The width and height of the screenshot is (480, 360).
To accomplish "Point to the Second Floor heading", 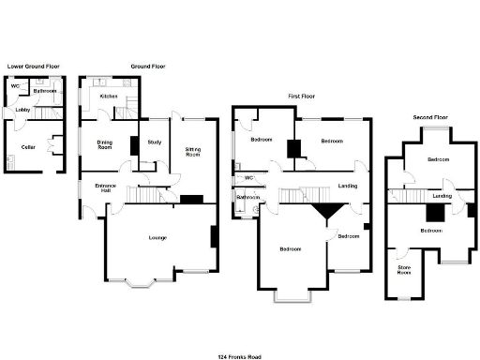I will click(x=430, y=117).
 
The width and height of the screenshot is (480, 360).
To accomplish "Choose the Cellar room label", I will click(x=29, y=146).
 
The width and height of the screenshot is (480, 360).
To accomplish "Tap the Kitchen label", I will click(x=109, y=96).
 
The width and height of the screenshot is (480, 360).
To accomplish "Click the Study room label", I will click(x=156, y=142).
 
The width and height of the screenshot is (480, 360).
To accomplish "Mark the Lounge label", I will click(x=158, y=237).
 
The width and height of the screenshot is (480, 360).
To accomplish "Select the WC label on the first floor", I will click(x=249, y=177).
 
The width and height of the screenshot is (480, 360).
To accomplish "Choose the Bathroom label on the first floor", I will click(x=248, y=198).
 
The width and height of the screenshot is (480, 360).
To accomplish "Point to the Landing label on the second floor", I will click(x=442, y=196).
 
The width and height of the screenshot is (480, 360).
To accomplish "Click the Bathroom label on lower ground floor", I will click(x=44, y=91).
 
